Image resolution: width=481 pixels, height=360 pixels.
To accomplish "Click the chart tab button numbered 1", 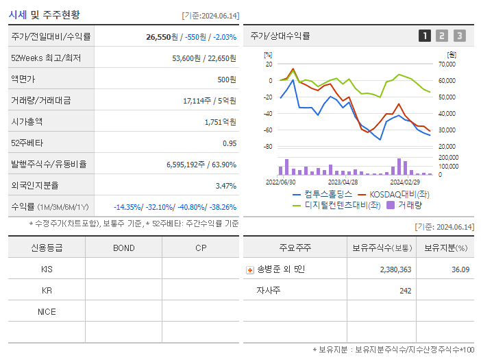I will click(x=425, y=36).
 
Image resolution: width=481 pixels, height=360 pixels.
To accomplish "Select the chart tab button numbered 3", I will click(x=459, y=36).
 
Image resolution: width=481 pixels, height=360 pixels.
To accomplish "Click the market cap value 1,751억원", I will click(x=220, y=121).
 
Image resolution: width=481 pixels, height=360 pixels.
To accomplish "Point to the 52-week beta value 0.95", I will click(x=229, y=143).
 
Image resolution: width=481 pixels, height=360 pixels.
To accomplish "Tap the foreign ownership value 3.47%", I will click(x=225, y=185).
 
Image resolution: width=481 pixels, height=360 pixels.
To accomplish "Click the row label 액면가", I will click(x=23, y=79).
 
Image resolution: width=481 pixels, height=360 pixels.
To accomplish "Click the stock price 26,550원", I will click(x=163, y=36).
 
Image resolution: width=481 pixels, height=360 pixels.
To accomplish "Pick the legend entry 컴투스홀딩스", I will click(x=322, y=194).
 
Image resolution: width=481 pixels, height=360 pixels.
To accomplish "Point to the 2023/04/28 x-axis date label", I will click(x=343, y=182).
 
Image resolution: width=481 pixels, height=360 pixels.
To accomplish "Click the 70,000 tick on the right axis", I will click(x=446, y=64).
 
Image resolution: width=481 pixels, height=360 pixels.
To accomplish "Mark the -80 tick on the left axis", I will click(x=268, y=147).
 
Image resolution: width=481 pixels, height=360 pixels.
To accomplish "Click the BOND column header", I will click(x=123, y=248).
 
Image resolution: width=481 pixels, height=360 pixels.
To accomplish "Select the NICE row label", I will click(x=47, y=311).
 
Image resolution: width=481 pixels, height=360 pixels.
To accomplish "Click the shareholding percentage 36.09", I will click(x=460, y=269).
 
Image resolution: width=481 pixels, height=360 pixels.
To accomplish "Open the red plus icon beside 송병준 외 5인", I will click(x=250, y=270).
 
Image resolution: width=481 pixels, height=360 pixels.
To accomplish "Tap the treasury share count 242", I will click(x=405, y=291).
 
